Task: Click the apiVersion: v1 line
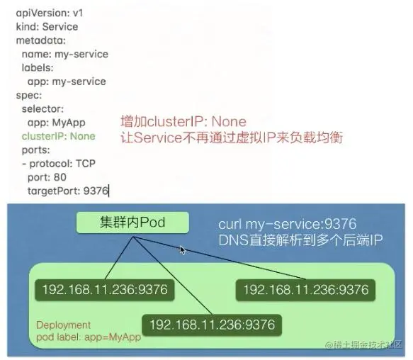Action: pyautogui.click(x=50, y=13)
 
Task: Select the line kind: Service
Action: pyautogui.click(x=47, y=27)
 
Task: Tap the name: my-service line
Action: pyautogui.click(x=65, y=55)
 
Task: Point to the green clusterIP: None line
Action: pyautogui.click(x=59, y=136)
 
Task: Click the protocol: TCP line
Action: pyautogui.click(x=59, y=164)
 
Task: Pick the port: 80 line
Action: pyautogui.click(x=47, y=177)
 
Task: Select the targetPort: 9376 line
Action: pyautogui.click(x=68, y=191)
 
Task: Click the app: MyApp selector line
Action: pyautogui.click(x=57, y=123)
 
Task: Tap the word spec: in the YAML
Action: pyautogui.click(x=29, y=96)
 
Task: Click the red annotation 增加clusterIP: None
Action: pyautogui.click(x=183, y=122)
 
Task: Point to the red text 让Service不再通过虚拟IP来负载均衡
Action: pyautogui.click(x=232, y=137)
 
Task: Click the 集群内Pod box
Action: pyautogui.click(x=132, y=223)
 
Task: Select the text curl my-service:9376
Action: pyautogui.click(x=288, y=224)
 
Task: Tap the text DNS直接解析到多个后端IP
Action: pyautogui.click(x=300, y=240)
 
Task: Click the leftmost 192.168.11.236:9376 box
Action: pyautogui.click(x=105, y=290)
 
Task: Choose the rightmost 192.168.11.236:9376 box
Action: pyautogui.click(x=305, y=290)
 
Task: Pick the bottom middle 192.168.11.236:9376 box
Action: pyautogui.click(x=212, y=325)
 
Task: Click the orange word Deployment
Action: pyautogui.click(x=63, y=325)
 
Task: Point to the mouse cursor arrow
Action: pyautogui.click(x=183, y=250)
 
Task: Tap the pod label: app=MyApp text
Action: pyautogui.click(x=89, y=337)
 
